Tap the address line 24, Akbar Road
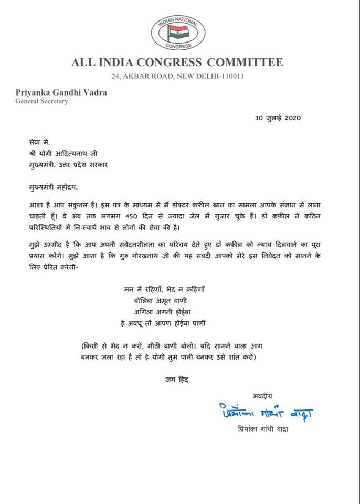tap(177, 77)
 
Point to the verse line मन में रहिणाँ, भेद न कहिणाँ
tap(173, 290)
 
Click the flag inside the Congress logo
tap(174, 33)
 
